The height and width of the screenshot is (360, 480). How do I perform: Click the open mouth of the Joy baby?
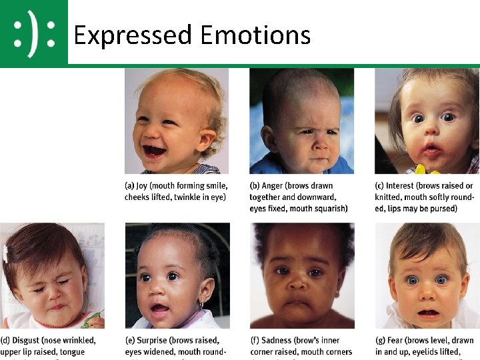[154, 150]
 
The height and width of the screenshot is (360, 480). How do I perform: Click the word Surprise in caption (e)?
[157, 340]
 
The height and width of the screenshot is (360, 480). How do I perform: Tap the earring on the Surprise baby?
[200, 305]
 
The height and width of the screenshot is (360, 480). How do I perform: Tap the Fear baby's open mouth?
[429, 313]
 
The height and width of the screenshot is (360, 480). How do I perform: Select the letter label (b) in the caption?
[255, 186]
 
